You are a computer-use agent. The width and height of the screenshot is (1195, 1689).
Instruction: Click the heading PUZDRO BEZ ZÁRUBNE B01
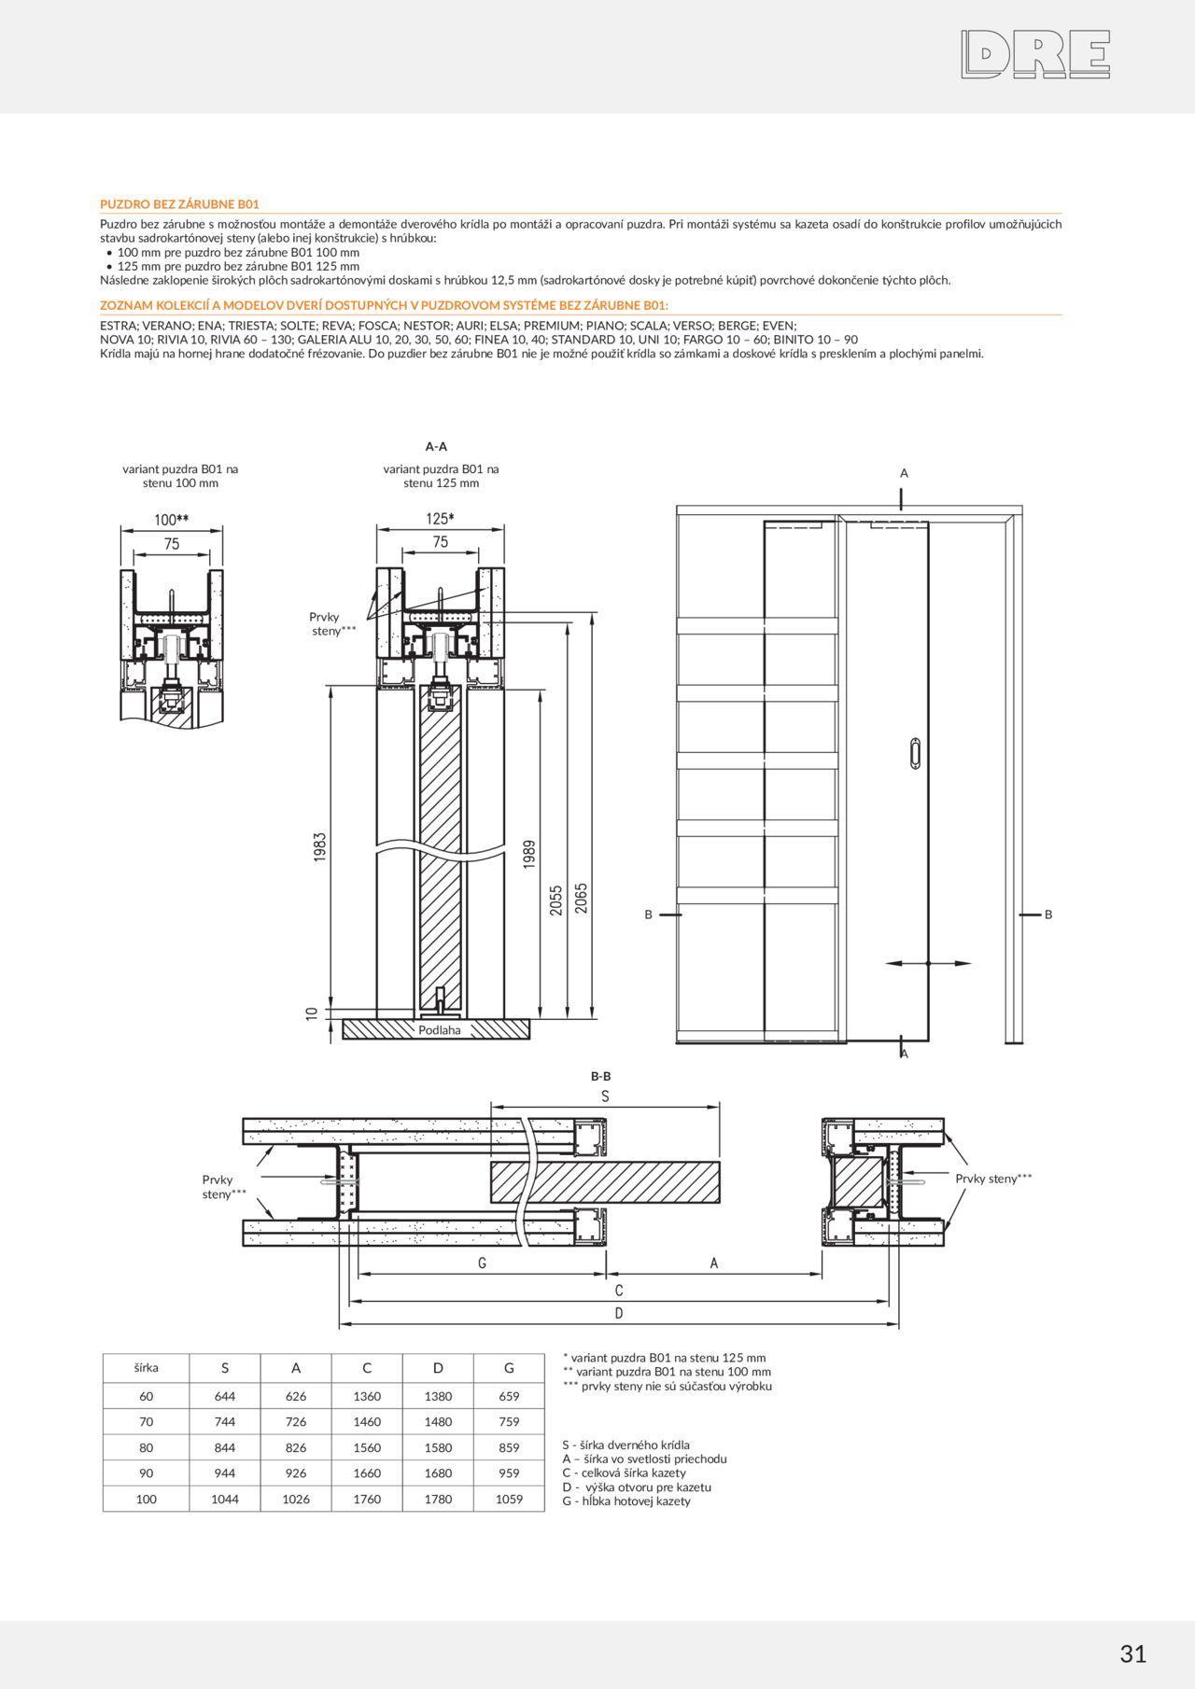[x=179, y=203]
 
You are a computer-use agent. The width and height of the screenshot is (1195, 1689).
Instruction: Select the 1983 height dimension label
[x=319, y=846]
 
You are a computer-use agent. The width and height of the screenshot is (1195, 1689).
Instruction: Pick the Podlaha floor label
[x=440, y=1030]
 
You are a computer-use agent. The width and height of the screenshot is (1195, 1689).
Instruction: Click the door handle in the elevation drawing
[x=915, y=752]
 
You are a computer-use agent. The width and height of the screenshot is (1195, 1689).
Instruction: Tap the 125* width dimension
[x=440, y=519]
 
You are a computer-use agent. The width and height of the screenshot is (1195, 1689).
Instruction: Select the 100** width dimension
[x=172, y=520]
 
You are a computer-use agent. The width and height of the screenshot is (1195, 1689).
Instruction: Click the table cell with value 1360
[x=367, y=1396]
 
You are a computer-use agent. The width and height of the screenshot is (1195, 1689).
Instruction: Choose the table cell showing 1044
[x=225, y=1499]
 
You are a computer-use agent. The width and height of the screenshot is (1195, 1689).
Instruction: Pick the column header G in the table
[x=509, y=1368]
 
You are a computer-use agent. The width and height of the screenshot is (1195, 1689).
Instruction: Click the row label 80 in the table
[x=146, y=1447]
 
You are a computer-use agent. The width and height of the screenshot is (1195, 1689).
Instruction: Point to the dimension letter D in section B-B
[x=618, y=1313]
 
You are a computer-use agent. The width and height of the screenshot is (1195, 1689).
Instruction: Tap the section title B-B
[x=600, y=1076]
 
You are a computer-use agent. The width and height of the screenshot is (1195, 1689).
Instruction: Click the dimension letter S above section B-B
[x=605, y=1096]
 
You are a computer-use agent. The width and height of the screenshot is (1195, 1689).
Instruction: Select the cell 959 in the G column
[x=509, y=1473]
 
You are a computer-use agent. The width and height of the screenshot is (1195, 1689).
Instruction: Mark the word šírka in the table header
[x=146, y=1368]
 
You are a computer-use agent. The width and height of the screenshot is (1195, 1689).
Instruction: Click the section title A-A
[x=436, y=446]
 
